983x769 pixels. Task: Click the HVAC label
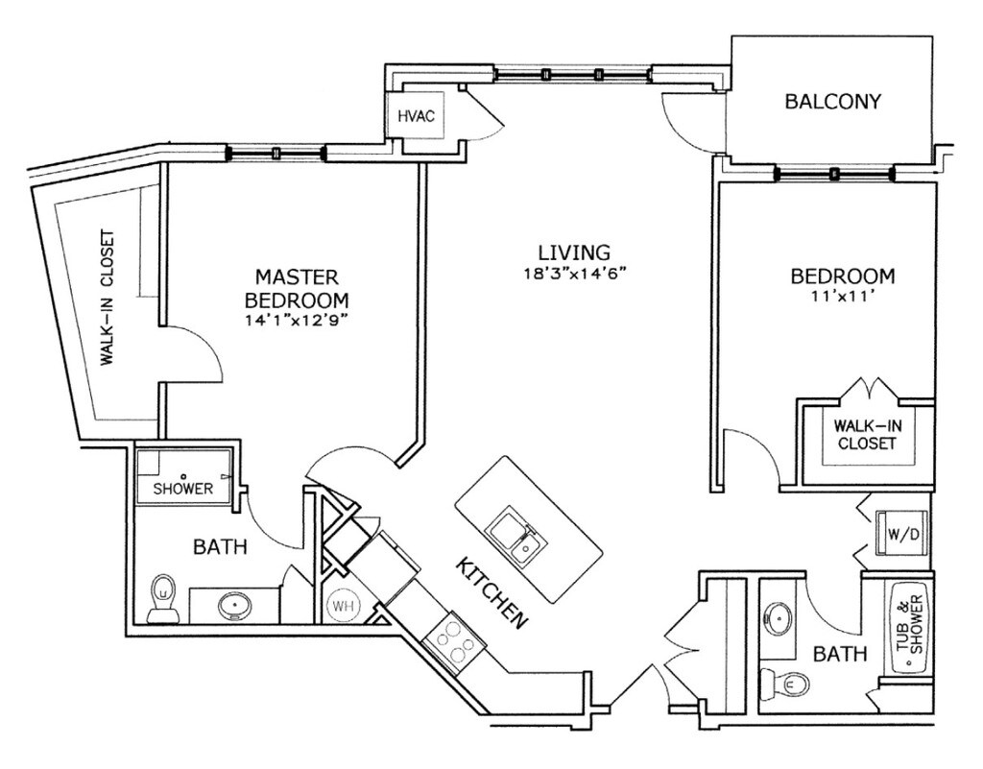(417, 117)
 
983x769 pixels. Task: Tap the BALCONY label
(832, 101)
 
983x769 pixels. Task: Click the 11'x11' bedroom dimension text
(842, 297)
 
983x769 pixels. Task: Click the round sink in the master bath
(233, 606)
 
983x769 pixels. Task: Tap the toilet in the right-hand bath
(790, 684)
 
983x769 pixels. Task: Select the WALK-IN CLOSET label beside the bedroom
(866, 434)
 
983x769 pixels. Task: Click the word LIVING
(574, 252)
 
